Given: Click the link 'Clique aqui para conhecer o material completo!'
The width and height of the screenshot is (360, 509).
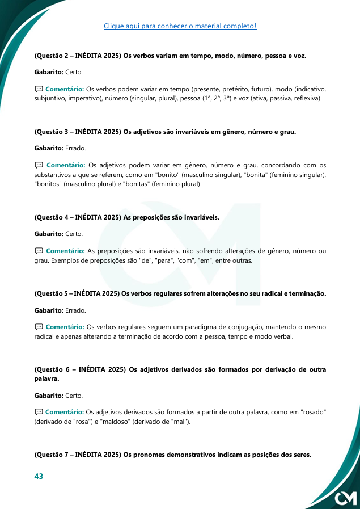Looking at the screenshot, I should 180,26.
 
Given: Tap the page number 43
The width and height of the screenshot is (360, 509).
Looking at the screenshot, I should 39,476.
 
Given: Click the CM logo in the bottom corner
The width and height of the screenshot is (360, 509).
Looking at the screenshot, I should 345,498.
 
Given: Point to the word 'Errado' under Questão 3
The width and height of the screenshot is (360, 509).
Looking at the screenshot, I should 75,148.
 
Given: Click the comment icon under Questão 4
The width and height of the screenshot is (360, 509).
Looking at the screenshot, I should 39,250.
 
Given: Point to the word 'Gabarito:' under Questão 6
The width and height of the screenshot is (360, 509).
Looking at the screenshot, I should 49,396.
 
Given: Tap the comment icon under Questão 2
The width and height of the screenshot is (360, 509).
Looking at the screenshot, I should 39,89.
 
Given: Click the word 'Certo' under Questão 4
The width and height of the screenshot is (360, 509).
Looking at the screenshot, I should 74,234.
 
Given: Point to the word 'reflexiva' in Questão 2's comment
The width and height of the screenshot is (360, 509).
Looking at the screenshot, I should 304,99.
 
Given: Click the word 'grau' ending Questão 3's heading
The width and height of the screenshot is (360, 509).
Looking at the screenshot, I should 287,132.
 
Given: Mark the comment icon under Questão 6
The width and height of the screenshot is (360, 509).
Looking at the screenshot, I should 39,411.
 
